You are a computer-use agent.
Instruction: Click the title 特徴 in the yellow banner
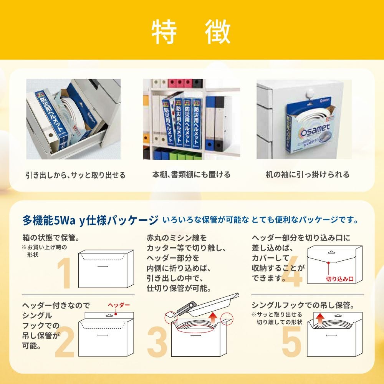click(x=191, y=32)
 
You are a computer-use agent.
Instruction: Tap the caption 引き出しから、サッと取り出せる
click(x=76, y=175)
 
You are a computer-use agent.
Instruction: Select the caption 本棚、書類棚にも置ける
click(x=191, y=175)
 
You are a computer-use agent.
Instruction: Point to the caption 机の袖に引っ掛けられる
click(x=308, y=175)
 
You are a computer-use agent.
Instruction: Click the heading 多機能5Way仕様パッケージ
click(x=90, y=220)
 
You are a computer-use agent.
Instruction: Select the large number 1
click(x=64, y=273)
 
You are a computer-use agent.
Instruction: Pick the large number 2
click(x=65, y=342)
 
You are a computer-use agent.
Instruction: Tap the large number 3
click(x=157, y=342)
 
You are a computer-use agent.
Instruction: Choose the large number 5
click(x=291, y=342)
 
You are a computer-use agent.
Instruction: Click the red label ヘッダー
click(x=119, y=305)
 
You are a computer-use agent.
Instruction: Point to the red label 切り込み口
click(x=340, y=279)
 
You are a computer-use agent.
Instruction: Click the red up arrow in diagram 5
click(x=320, y=319)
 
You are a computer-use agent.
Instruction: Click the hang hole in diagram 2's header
click(x=109, y=315)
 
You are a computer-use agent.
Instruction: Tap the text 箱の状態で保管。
click(x=51, y=238)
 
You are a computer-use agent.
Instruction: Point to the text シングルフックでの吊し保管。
click(x=303, y=305)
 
